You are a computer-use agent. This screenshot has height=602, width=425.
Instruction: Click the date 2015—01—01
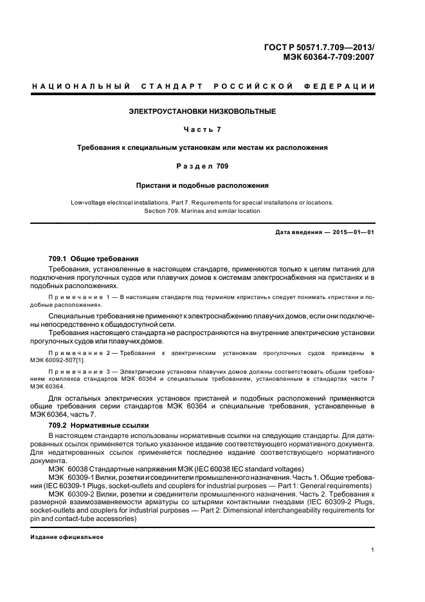coord(352,232)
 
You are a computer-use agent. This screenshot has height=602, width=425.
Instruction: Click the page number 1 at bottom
coord(374,549)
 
